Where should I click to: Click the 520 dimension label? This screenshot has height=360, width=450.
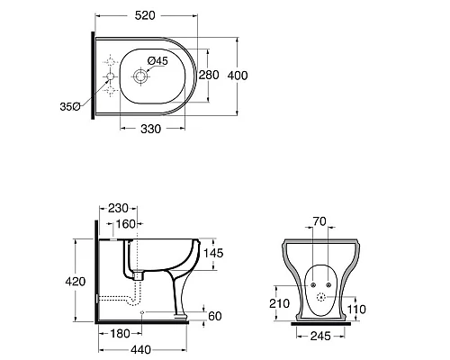click(145, 15)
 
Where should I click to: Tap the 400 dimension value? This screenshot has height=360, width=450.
click(238, 76)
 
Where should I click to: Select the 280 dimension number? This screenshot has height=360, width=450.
click(209, 75)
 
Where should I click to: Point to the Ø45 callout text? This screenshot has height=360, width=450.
click(157, 61)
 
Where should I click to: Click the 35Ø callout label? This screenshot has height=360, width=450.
click(70, 106)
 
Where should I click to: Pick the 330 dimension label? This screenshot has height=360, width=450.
click(150, 129)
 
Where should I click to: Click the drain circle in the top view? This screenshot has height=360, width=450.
click(140, 76)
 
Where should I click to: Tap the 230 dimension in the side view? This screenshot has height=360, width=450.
click(118, 208)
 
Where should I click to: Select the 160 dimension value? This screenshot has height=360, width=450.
click(126, 224)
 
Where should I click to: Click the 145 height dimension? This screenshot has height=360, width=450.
click(213, 253)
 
